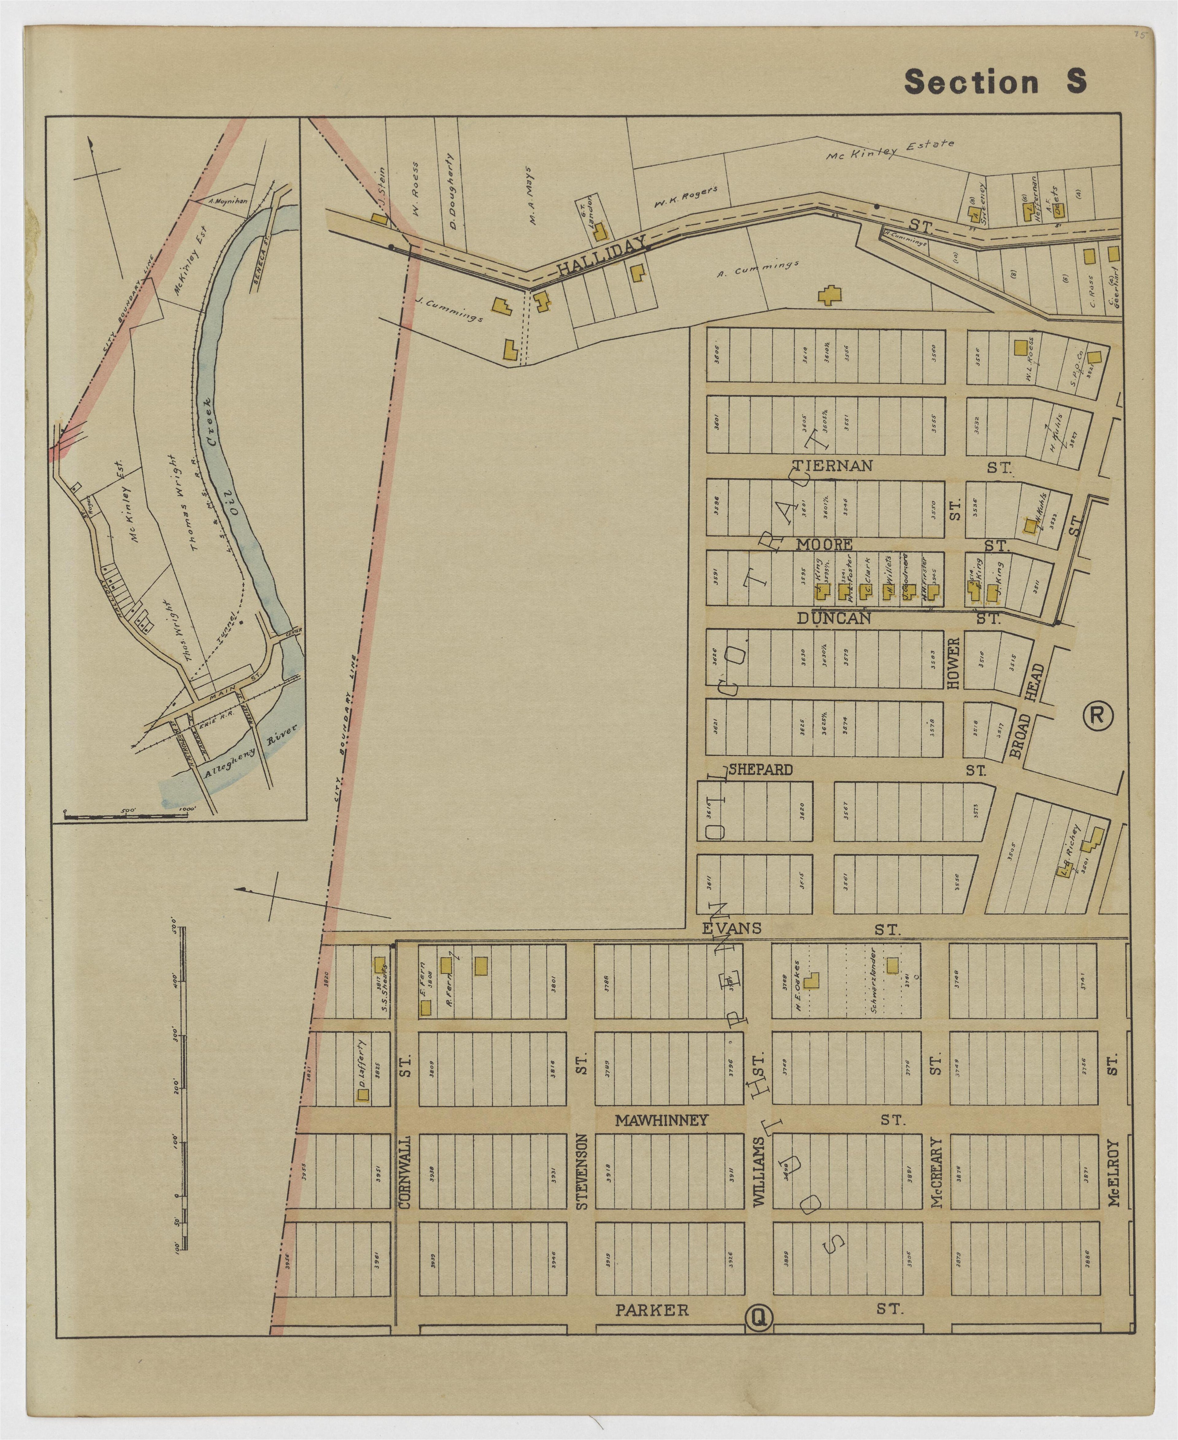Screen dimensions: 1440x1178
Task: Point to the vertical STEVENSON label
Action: coord(582,1171)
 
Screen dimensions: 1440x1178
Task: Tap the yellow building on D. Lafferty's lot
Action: coord(363,1095)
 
